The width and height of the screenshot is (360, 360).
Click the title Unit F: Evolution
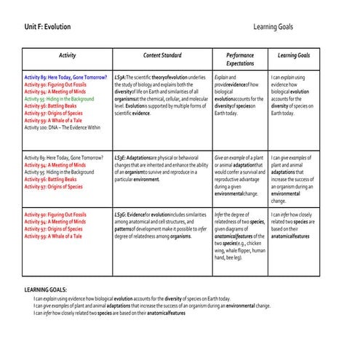pyautogui.click(x=47, y=27)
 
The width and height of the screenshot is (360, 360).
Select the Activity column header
pyautogui.click(x=67, y=55)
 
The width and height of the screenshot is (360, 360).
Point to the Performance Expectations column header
pyautogui.click(x=240, y=60)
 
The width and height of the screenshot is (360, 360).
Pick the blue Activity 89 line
pyautogui.click(x=65, y=76)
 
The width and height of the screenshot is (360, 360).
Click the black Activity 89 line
pyautogui.click(x=65, y=157)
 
